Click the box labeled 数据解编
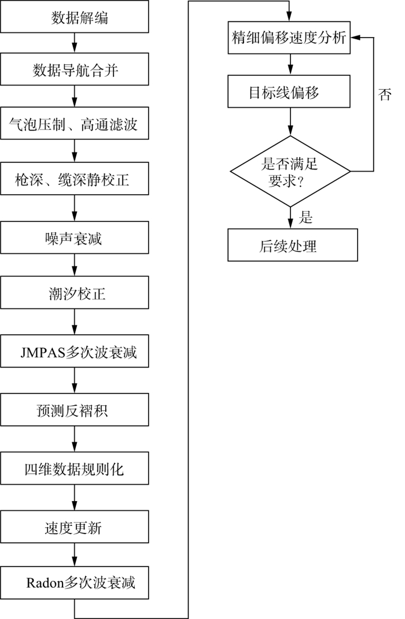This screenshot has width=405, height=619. pyautogui.click(x=75, y=17)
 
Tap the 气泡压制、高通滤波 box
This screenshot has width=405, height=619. pyautogui.click(x=75, y=123)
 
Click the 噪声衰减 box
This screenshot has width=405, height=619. pyautogui.click(x=75, y=238)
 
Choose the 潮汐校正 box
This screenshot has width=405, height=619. pyautogui.click(x=75, y=294)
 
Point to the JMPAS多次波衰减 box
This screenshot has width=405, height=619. pyautogui.click(x=75, y=351)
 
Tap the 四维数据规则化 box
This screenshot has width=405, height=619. pyautogui.click(x=75, y=469)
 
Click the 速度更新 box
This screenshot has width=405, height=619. pyautogui.click(x=75, y=528)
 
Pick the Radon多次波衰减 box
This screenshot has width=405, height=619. pyautogui.click(x=75, y=583)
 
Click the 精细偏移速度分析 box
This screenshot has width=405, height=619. pyautogui.click(x=289, y=38)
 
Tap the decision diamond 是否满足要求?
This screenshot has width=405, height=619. pyautogui.click(x=290, y=171)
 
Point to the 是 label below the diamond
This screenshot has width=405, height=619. pyautogui.click(x=306, y=217)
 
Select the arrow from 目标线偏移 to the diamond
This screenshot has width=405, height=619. pyautogui.click(x=290, y=121)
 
